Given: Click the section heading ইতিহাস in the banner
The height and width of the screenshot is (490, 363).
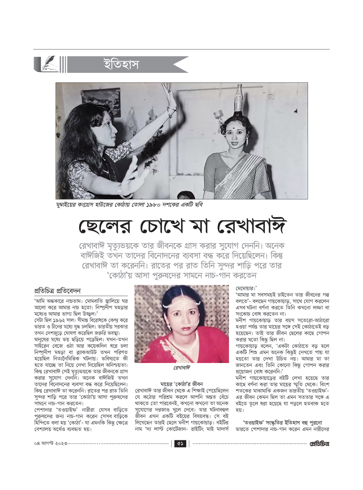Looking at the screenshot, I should tap(121, 65).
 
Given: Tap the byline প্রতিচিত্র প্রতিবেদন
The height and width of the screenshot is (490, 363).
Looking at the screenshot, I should tap(57, 291).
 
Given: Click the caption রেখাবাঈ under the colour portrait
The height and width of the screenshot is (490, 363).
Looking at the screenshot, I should tap(181, 368).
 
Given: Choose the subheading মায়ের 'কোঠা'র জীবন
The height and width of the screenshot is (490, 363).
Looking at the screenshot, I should tap(181, 384).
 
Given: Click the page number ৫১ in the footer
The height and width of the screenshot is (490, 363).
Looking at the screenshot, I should tap(180, 444).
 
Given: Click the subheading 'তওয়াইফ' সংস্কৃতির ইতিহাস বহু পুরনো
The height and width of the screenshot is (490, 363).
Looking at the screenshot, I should tap(282, 423).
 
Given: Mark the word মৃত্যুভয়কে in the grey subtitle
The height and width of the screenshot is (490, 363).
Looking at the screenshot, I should tap(136, 246).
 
